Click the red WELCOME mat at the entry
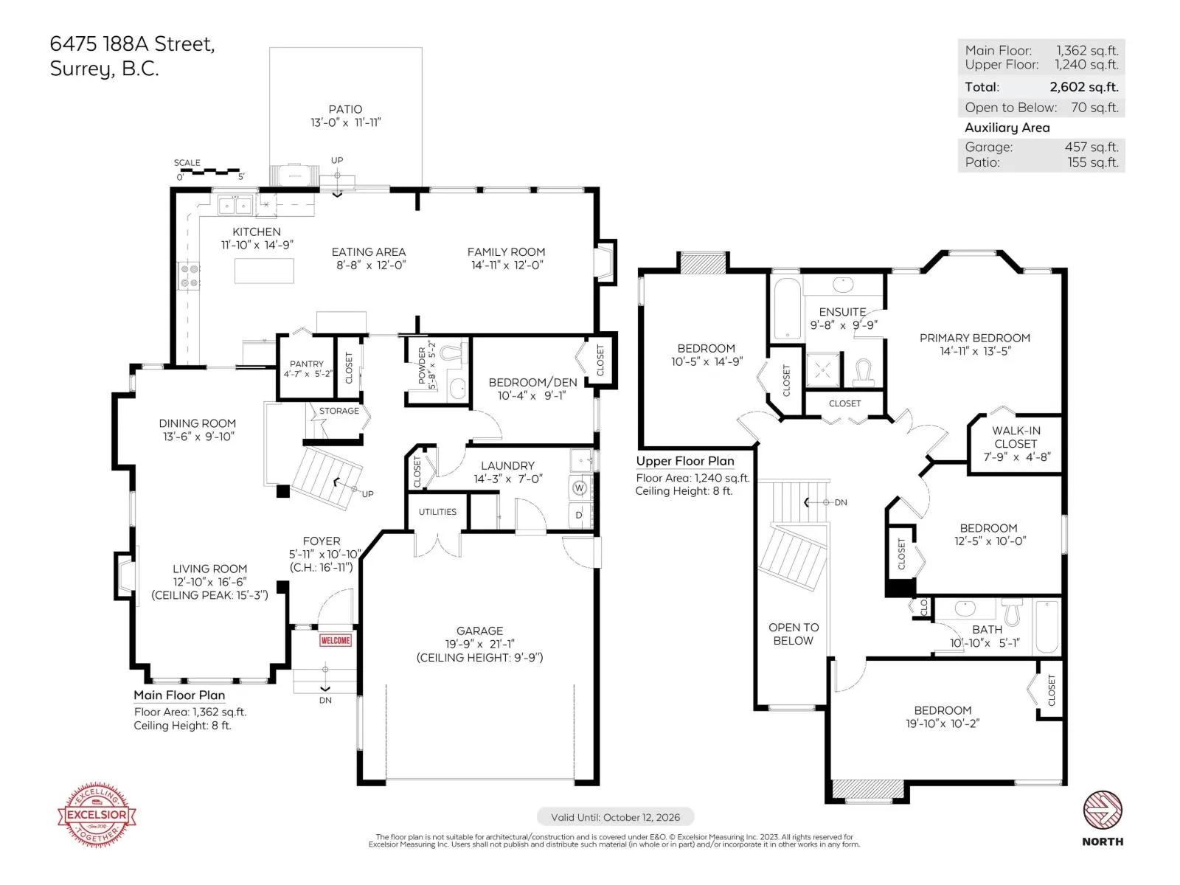click(x=335, y=640)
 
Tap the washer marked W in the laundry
click(x=579, y=488)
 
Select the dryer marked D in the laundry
click(x=579, y=515)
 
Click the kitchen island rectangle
click(x=264, y=270)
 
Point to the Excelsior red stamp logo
click(x=97, y=814)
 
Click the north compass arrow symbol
click(x=1102, y=809)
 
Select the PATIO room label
click(x=346, y=109)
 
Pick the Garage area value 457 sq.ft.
click(x=1091, y=147)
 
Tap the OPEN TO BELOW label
click(x=794, y=634)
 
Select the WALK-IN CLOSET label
click(x=1016, y=437)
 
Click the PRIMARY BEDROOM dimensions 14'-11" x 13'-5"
click(x=975, y=351)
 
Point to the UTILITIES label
click(x=437, y=512)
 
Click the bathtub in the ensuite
click(x=787, y=308)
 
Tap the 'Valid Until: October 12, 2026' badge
click(x=615, y=817)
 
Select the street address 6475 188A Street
click(x=132, y=44)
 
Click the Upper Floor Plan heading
click(x=685, y=461)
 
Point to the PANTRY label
click(x=306, y=364)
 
